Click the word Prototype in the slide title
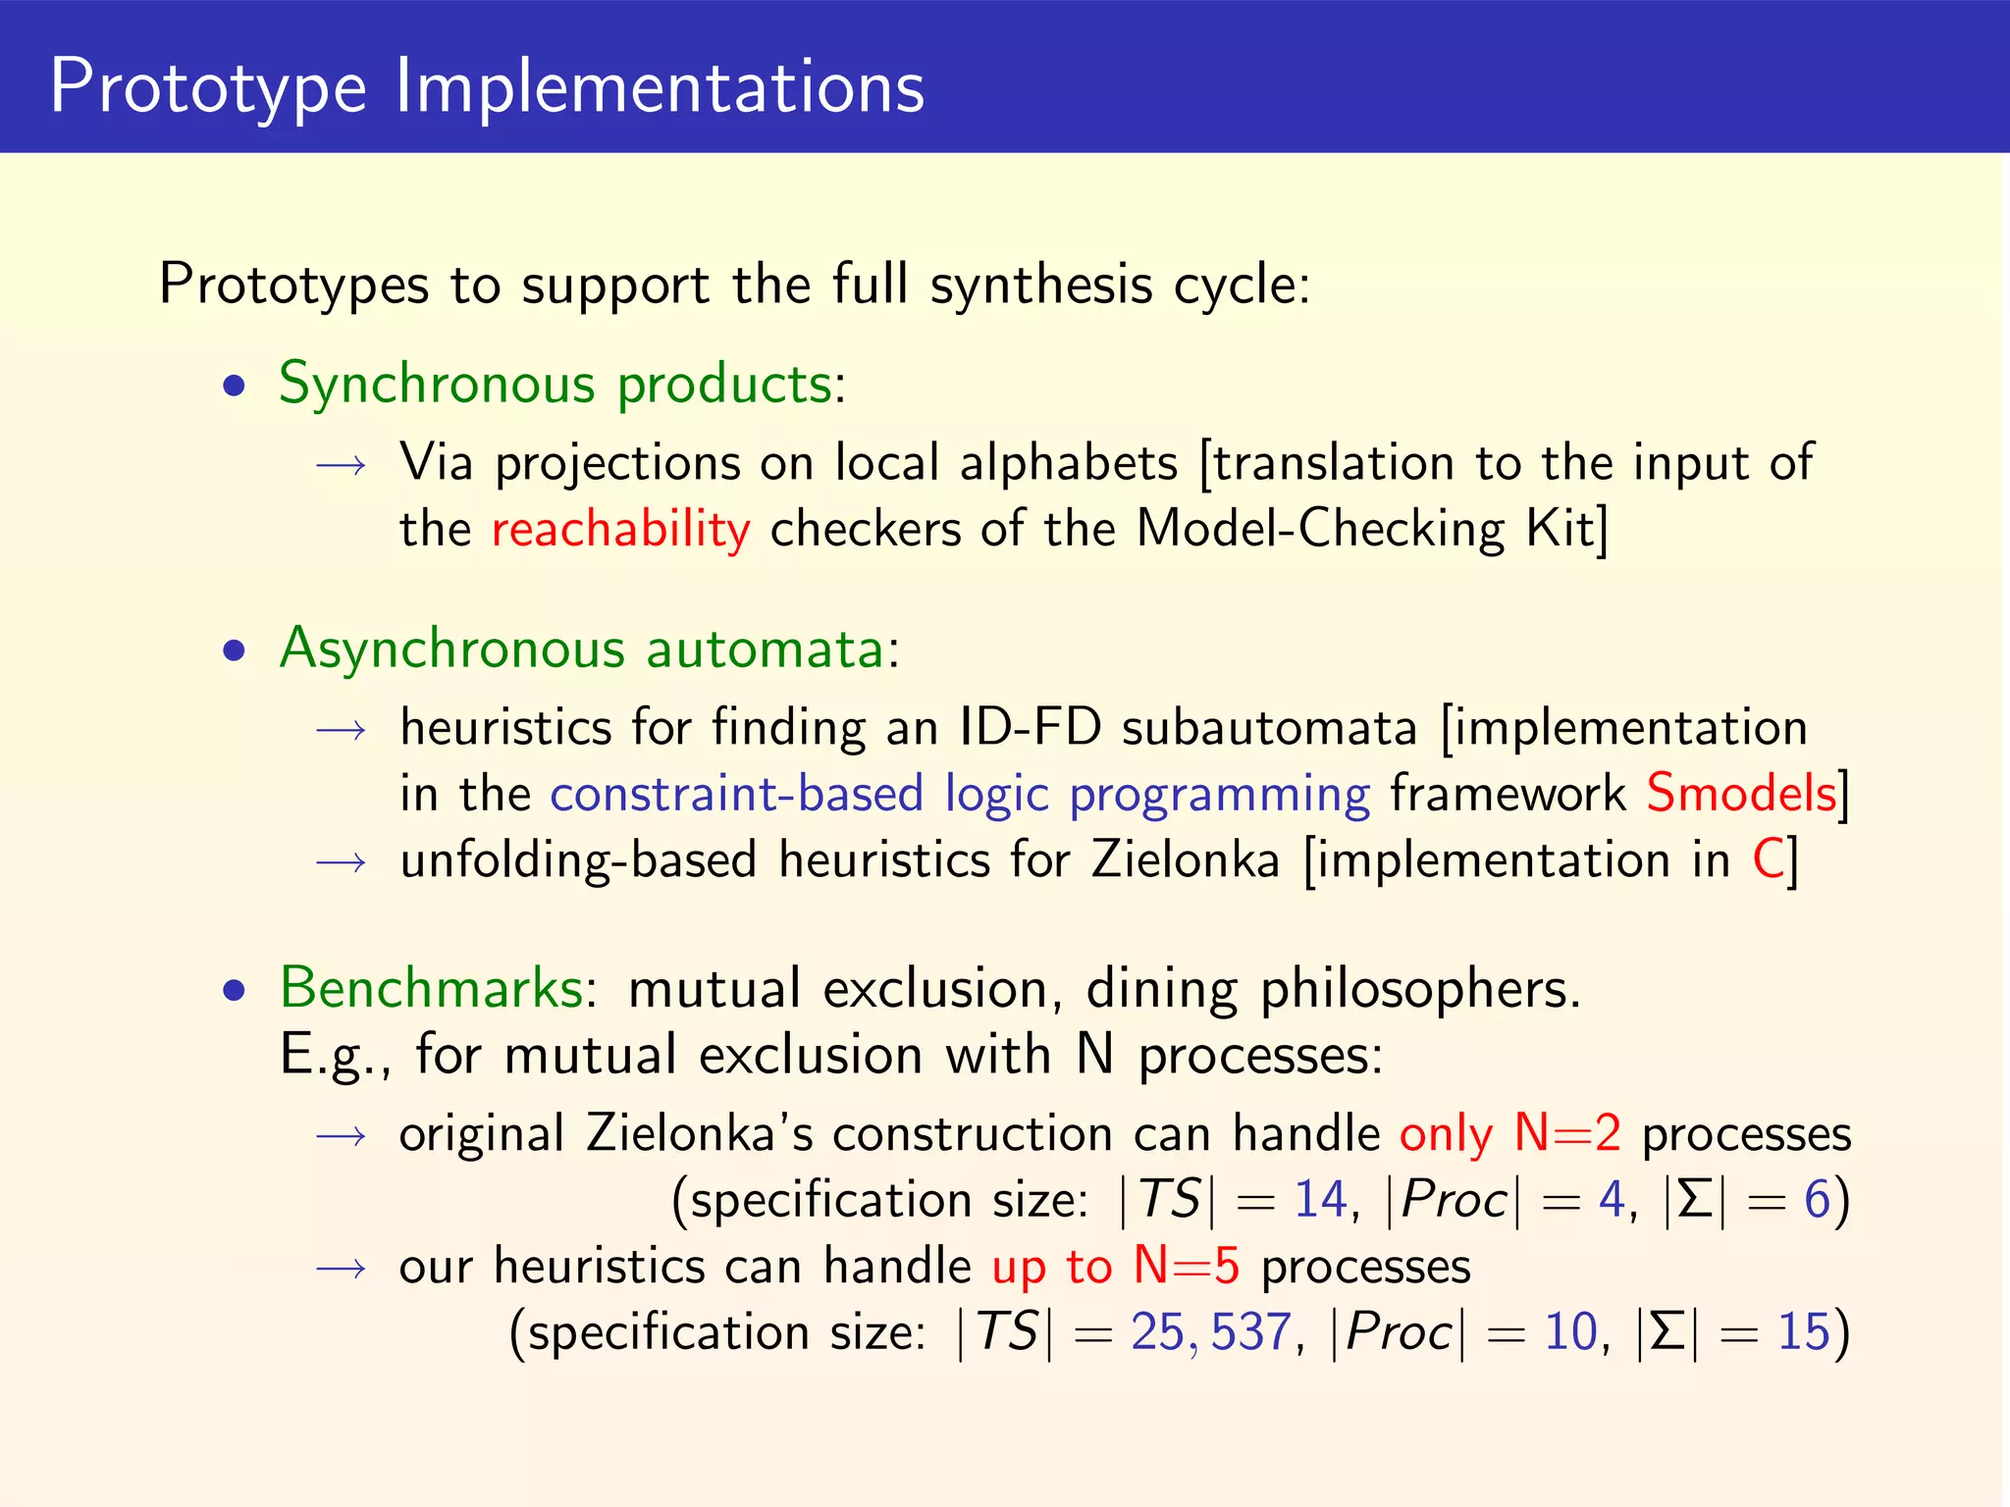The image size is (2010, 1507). [208, 88]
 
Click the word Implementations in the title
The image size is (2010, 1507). [660, 88]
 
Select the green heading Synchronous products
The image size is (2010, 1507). [555, 384]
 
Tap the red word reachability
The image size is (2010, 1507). [620, 530]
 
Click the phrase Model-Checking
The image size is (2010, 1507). [1319, 530]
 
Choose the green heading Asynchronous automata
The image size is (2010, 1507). [583, 650]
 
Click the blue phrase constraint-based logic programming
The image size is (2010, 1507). [959, 794]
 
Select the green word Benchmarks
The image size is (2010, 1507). [432, 988]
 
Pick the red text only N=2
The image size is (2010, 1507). [1509, 1134]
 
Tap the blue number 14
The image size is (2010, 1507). [1320, 1200]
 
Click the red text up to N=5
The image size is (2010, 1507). [1115, 1267]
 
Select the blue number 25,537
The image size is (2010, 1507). [1211, 1332]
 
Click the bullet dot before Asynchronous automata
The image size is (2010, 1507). [234, 651]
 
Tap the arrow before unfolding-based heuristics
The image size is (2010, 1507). [342, 861]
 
